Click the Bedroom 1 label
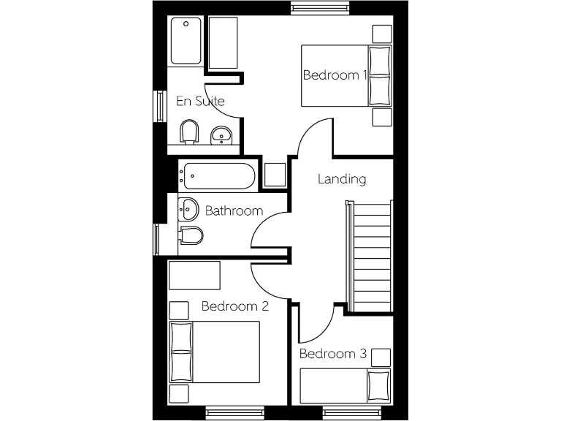(x=335, y=75)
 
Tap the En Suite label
(x=200, y=101)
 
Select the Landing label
(x=342, y=179)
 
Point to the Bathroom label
(x=234, y=211)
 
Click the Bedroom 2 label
(x=234, y=306)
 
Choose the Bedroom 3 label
(x=332, y=354)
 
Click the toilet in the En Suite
(x=190, y=133)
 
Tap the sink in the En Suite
(x=221, y=135)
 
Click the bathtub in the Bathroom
(x=219, y=175)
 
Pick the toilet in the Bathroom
(x=191, y=236)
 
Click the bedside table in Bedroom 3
(x=381, y=357)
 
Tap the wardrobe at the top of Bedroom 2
(x=194, y=275)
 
